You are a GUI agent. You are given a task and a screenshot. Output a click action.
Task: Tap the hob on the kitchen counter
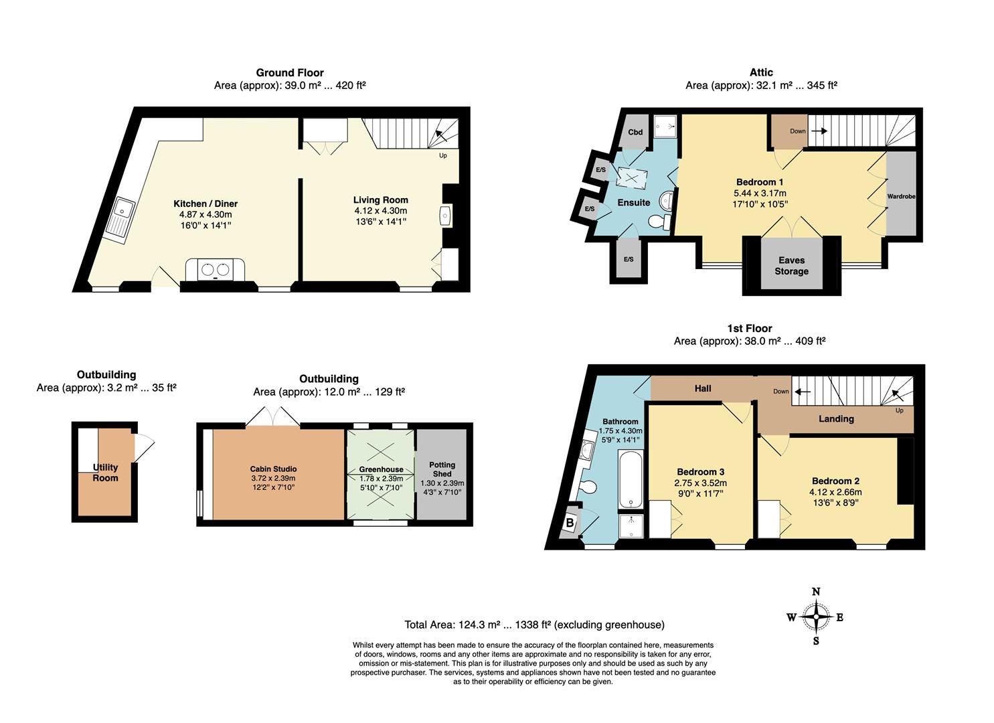tap(216, 269)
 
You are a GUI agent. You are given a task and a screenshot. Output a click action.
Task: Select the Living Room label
tap(380, 200)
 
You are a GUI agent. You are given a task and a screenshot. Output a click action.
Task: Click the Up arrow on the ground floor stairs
tap(441, 135)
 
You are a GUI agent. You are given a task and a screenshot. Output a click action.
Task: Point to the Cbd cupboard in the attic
tap(635, 132)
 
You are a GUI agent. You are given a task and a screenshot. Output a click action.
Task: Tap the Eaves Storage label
tap(791, 265)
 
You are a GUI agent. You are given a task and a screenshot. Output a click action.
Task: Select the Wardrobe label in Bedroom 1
tap(901, 196)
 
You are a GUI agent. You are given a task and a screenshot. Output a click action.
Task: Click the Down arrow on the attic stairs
tap(819, 131)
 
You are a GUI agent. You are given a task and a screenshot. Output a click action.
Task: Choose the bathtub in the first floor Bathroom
tap(631, 479)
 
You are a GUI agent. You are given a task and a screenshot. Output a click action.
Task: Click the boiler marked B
tap(570, 523)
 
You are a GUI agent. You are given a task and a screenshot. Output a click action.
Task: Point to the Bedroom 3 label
tap(700, 472)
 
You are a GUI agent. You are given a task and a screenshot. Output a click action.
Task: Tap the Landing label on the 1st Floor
tap(836, 418)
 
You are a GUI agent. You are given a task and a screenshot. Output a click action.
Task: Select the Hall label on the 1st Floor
tap(702, 388)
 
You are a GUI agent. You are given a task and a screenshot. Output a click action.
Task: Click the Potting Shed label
tap(442, 469)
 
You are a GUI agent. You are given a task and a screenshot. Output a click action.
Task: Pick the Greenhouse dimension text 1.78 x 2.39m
tap(381, 479)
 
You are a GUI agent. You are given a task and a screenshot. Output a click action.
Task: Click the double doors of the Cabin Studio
tap(272, 416)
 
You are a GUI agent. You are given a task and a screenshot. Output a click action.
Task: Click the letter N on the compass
tap(815, 592)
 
